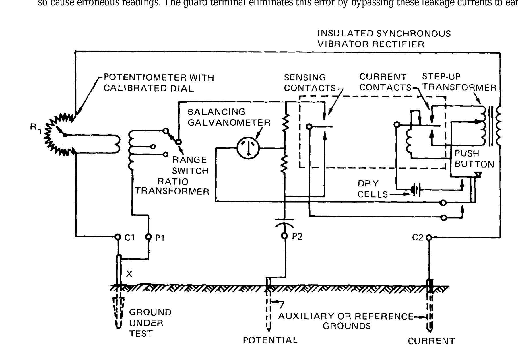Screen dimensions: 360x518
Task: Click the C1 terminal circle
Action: (x=117, y=237)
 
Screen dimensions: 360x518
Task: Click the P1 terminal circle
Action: (x=149, y=237)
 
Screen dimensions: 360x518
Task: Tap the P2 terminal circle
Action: (x=284, y=236)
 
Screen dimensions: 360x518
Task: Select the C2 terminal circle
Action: (x=429, y=238)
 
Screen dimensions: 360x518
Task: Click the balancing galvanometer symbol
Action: (x=248, y=148)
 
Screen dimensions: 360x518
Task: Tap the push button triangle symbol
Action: (x=478, y=174)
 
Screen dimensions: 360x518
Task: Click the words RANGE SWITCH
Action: (x=190, y=165)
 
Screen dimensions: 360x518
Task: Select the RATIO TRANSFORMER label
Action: (x=172, y=186)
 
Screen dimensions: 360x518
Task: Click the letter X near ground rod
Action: (x=129, y=274)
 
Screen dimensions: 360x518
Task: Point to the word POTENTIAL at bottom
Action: (x=270, y=340)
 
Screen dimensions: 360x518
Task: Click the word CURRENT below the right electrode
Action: (x=431, y=341)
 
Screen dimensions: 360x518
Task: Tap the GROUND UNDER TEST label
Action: (x=150, y=323)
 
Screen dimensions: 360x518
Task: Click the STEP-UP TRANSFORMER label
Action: (x=459, y=82)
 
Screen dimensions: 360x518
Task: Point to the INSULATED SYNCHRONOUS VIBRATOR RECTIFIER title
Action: (x=384, y=39)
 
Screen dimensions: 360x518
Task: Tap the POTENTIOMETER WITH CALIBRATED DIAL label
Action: (x=159, y=83)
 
